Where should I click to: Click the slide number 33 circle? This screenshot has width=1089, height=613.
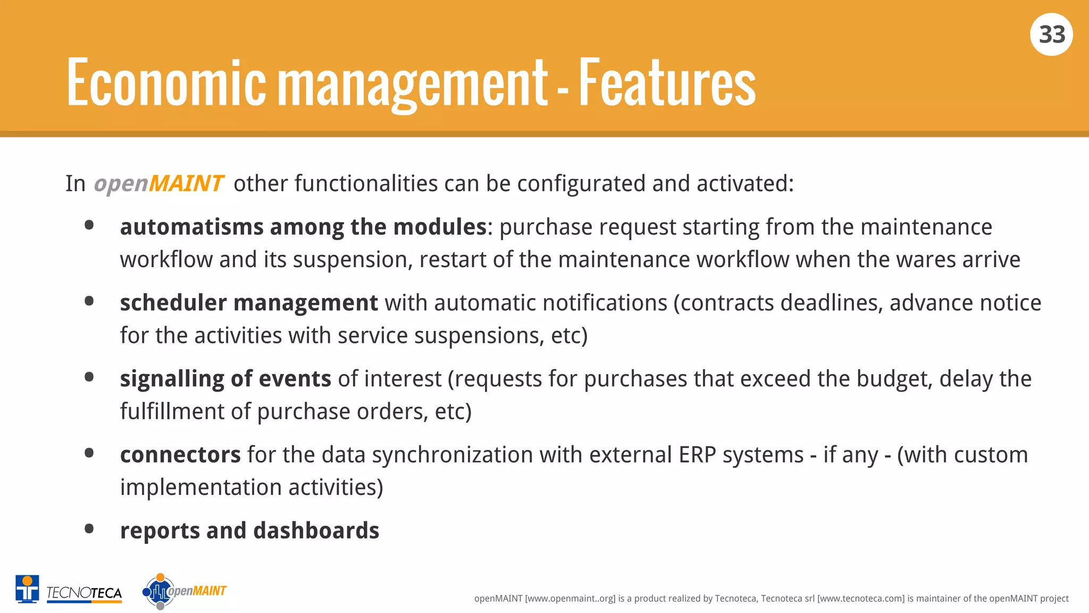click(1051, 35)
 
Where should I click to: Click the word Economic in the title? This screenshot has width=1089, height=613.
click(166, 83)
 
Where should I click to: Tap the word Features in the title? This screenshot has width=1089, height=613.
click(667, 83)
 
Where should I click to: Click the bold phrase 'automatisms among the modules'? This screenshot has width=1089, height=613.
click(303, 227)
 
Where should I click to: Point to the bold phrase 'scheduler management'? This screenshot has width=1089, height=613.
click(248, 303)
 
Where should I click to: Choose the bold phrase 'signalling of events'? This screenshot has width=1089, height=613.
click(225, 379)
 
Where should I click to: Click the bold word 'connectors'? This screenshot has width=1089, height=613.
click(180, 455)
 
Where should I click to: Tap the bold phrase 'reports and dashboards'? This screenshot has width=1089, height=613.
click(249, 531)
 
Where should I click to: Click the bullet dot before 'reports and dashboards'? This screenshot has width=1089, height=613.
click(89, 529)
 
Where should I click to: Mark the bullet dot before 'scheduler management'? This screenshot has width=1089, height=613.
click(89, 301)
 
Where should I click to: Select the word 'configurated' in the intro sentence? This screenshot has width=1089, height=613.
click(581, 184)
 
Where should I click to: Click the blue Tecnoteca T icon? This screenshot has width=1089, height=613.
click(27, 589)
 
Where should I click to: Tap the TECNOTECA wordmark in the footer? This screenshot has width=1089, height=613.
click(84, 593)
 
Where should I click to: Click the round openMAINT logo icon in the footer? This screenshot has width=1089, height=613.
click(159, 591)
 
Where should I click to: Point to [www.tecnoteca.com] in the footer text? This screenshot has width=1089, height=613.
click(860, 599)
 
